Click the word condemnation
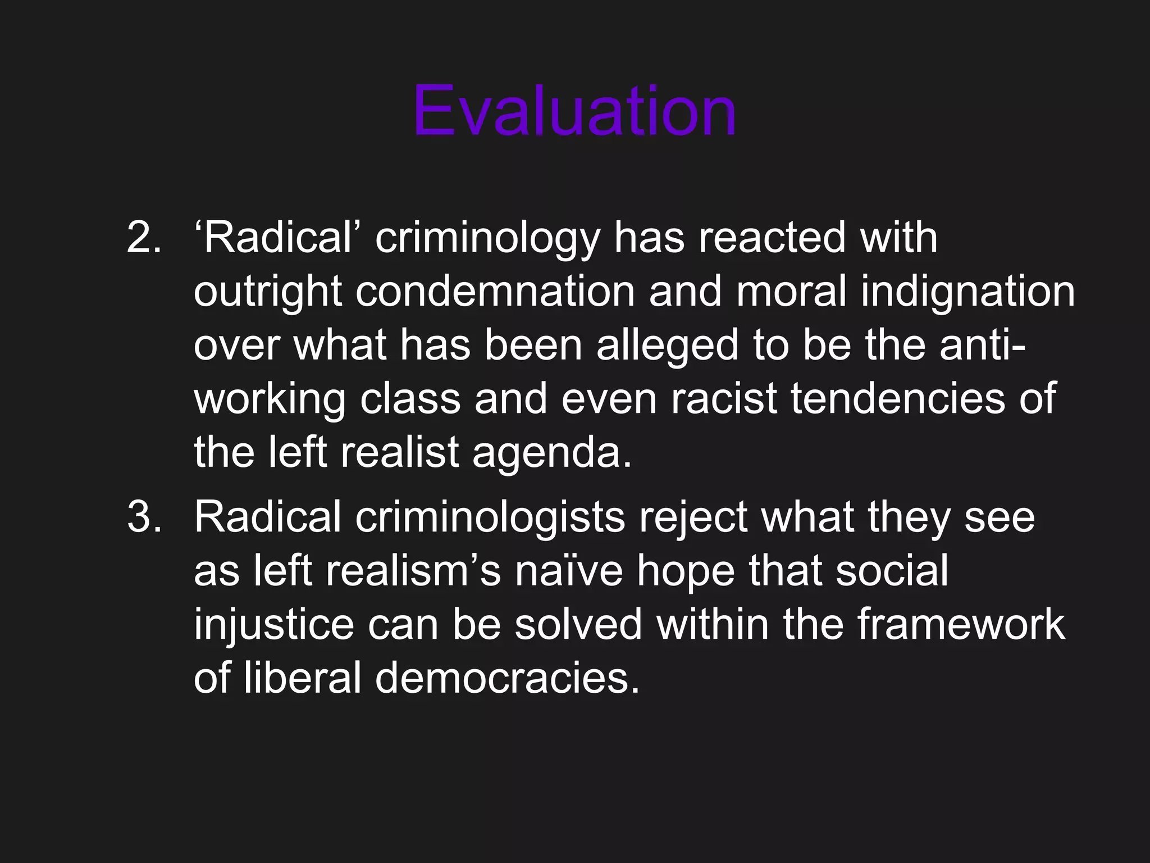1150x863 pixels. point(495,292)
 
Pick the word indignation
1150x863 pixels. point(968,293)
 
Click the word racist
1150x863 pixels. point(724,399)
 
